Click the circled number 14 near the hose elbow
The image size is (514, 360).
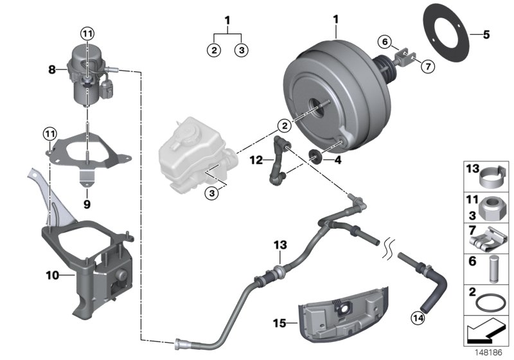coord(418,316)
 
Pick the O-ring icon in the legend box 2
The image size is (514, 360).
coord(490,301)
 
